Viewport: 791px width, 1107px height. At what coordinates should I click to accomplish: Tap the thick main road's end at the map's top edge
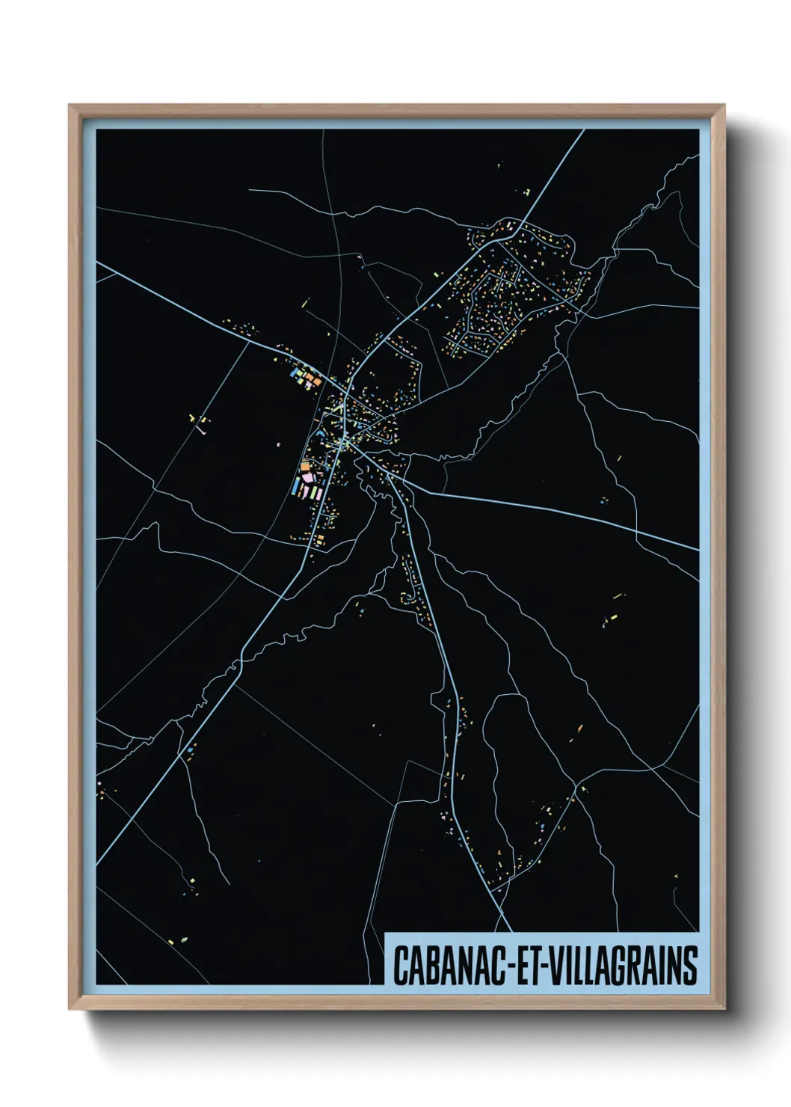pyautogui.click(x=582, y=130)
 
